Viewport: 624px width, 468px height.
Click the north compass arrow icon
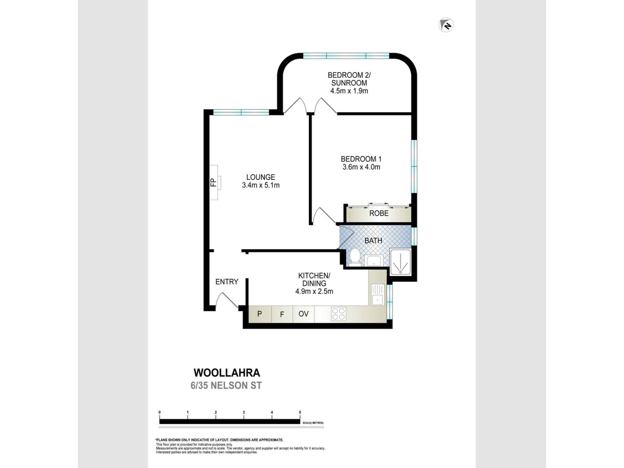click(x=446, y=25)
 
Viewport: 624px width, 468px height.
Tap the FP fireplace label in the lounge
click(x=213, y=182)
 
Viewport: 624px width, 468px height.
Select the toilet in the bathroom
click(x=354, y=257)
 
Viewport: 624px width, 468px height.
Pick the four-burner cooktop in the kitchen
click(x=339, y=314)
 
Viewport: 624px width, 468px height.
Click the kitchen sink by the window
click(x=378, y=295)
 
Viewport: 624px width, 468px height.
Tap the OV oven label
click(x=303, y=314)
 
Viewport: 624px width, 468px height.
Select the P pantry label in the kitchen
click(x=259, y=314)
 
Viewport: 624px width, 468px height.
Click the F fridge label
click(x=282, y=314)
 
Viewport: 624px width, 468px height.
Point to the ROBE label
click(x=379, y=213)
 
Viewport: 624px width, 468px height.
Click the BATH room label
click(x=373, y=241)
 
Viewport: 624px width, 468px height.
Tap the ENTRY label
click(x=227, y=282)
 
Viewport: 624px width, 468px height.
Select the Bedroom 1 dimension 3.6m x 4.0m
click(x=361, y=167)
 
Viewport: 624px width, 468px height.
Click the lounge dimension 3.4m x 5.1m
click(x=261, y=185)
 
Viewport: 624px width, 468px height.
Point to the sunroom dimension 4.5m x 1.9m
click(x=349, y=91)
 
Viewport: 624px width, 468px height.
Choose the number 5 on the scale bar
click(x=300, y=412)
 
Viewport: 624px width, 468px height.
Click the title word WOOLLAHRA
click(x=227, y=373)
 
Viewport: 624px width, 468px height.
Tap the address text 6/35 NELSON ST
click(x=226, y=386)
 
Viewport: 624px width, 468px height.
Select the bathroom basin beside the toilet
click(x=374, y=261)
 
